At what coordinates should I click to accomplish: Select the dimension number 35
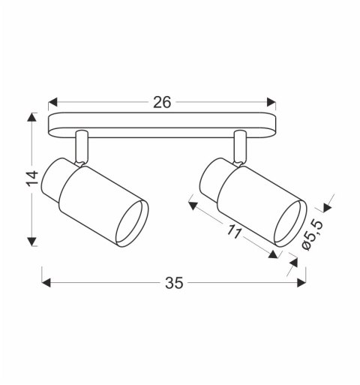(173, 283)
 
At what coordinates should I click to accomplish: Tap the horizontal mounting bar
(162, 125)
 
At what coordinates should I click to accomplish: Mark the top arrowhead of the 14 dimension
(32, 118)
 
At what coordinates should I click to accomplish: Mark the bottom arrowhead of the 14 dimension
(32, 242)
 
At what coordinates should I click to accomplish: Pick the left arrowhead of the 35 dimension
(46, 283)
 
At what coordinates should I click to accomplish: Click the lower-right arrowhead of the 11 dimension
(274, 254)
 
